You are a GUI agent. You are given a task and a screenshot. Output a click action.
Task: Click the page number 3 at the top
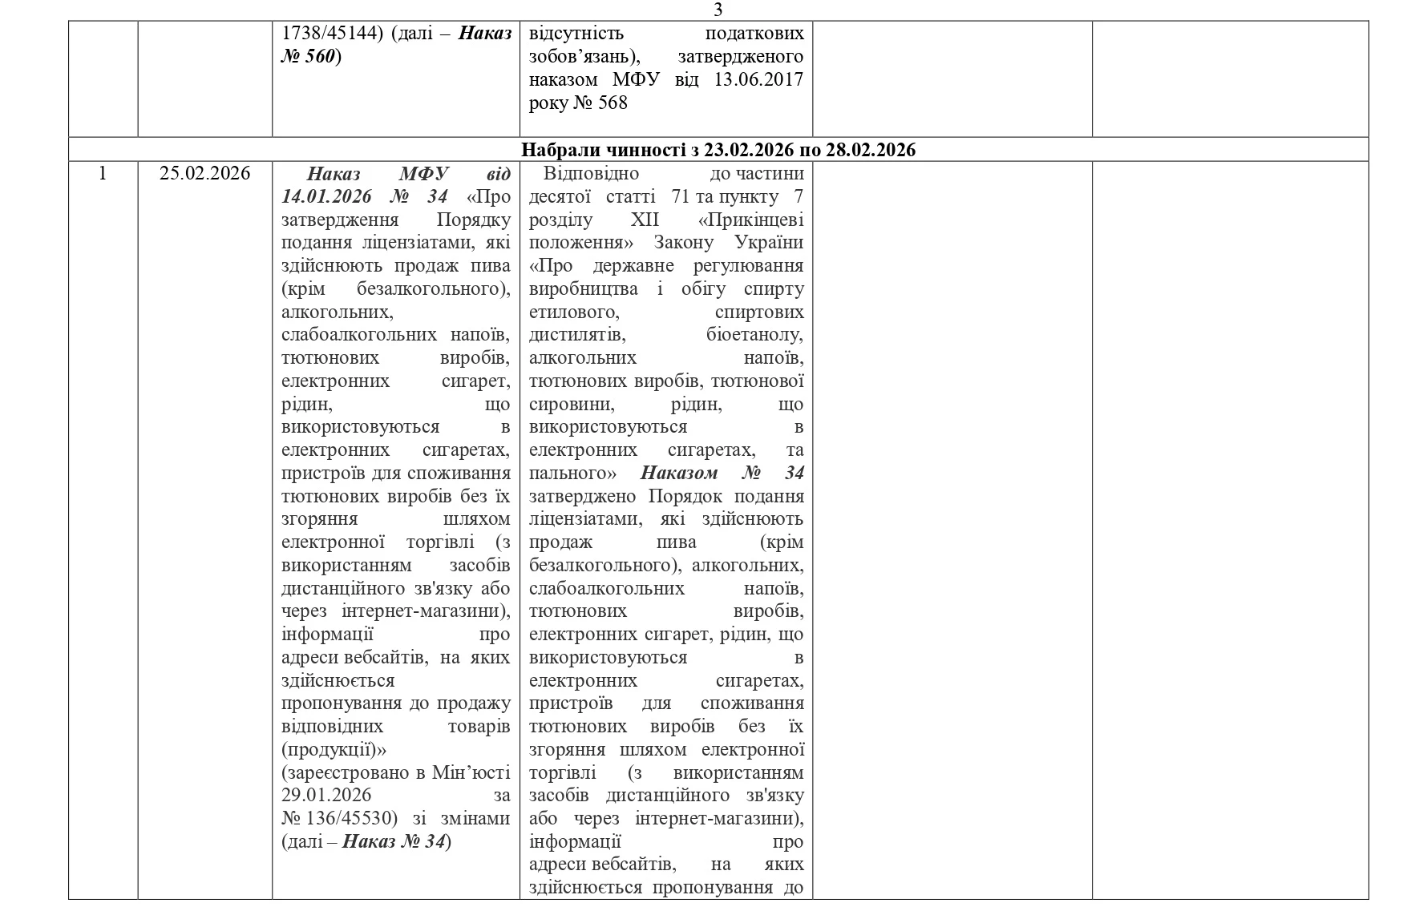(718, 10)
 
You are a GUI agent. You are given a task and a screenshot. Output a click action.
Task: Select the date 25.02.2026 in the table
(204, 174)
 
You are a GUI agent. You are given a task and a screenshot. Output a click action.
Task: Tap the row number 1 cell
(102, 174)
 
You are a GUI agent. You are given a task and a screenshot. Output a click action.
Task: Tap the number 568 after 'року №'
(613, 103)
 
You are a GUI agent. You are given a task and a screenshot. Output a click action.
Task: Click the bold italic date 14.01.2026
(328, 197)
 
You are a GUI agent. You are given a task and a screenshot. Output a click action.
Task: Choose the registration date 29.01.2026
(326, 796)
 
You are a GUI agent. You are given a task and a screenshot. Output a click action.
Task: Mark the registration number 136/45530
(350, 819)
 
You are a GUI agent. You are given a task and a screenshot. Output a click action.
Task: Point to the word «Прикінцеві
(750, 220)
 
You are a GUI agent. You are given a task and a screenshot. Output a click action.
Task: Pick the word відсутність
(576, 34)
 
